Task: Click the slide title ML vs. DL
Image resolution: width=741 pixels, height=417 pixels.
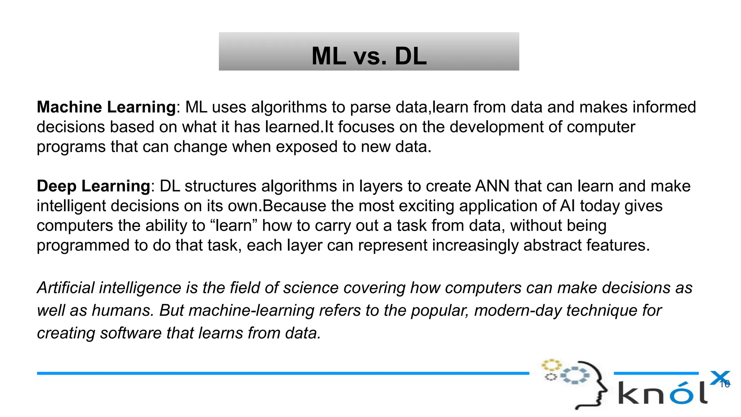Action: point(369,56)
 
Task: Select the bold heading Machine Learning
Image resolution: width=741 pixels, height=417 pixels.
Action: point(106,107)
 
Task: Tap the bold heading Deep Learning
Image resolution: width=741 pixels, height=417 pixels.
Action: point(93,186)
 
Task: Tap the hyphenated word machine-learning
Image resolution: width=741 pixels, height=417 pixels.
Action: point(251,311)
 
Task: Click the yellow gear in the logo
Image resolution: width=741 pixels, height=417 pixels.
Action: point(551,365)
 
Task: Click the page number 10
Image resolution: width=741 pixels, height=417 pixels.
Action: point(724,384)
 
